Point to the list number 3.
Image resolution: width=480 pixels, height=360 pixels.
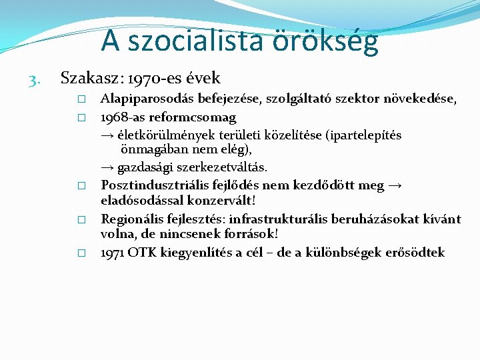pyautogui.click(x=35, y=80)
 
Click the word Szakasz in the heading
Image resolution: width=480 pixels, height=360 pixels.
pyautogui.click(x=85, y=79)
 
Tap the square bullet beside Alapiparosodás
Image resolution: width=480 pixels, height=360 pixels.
pyautogui.click(x=81, y=100)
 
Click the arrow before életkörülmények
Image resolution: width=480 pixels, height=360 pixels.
pyautogui.click(x=107, y=135)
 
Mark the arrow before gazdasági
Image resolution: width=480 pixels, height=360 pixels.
pyautogui.click(x=107, y=167)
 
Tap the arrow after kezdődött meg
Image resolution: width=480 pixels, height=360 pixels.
pyautogui.click(x=395, y=185)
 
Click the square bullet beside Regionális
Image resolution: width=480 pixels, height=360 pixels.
pyautogui.click(x=81, y=219)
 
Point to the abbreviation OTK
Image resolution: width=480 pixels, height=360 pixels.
pyautogui.click(x=141, y=253)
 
